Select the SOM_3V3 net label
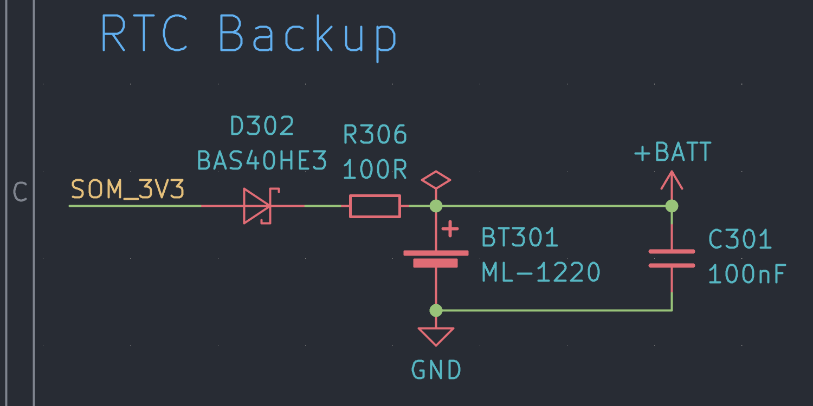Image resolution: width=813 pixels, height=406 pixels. [128, 190]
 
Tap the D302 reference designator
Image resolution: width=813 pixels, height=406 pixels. [262, 126]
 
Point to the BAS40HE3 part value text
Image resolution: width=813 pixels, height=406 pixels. [262, 160]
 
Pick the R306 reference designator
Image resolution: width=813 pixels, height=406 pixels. [375, 134]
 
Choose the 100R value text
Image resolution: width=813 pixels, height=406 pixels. [375, 170]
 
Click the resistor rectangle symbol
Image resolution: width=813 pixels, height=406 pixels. [375, 206]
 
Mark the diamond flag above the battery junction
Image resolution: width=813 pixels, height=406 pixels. [436, 181]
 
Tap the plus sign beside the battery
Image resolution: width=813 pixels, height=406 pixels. [450, 230]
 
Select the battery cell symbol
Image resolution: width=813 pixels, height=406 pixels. [436, 258]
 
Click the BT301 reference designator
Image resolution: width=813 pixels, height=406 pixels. [520, 238]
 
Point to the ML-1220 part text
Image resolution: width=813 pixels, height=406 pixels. [541, 273]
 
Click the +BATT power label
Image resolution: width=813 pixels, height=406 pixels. [672, 153]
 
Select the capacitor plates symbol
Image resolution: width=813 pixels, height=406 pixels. [672, 258]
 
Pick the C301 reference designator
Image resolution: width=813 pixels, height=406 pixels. [740, 239]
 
